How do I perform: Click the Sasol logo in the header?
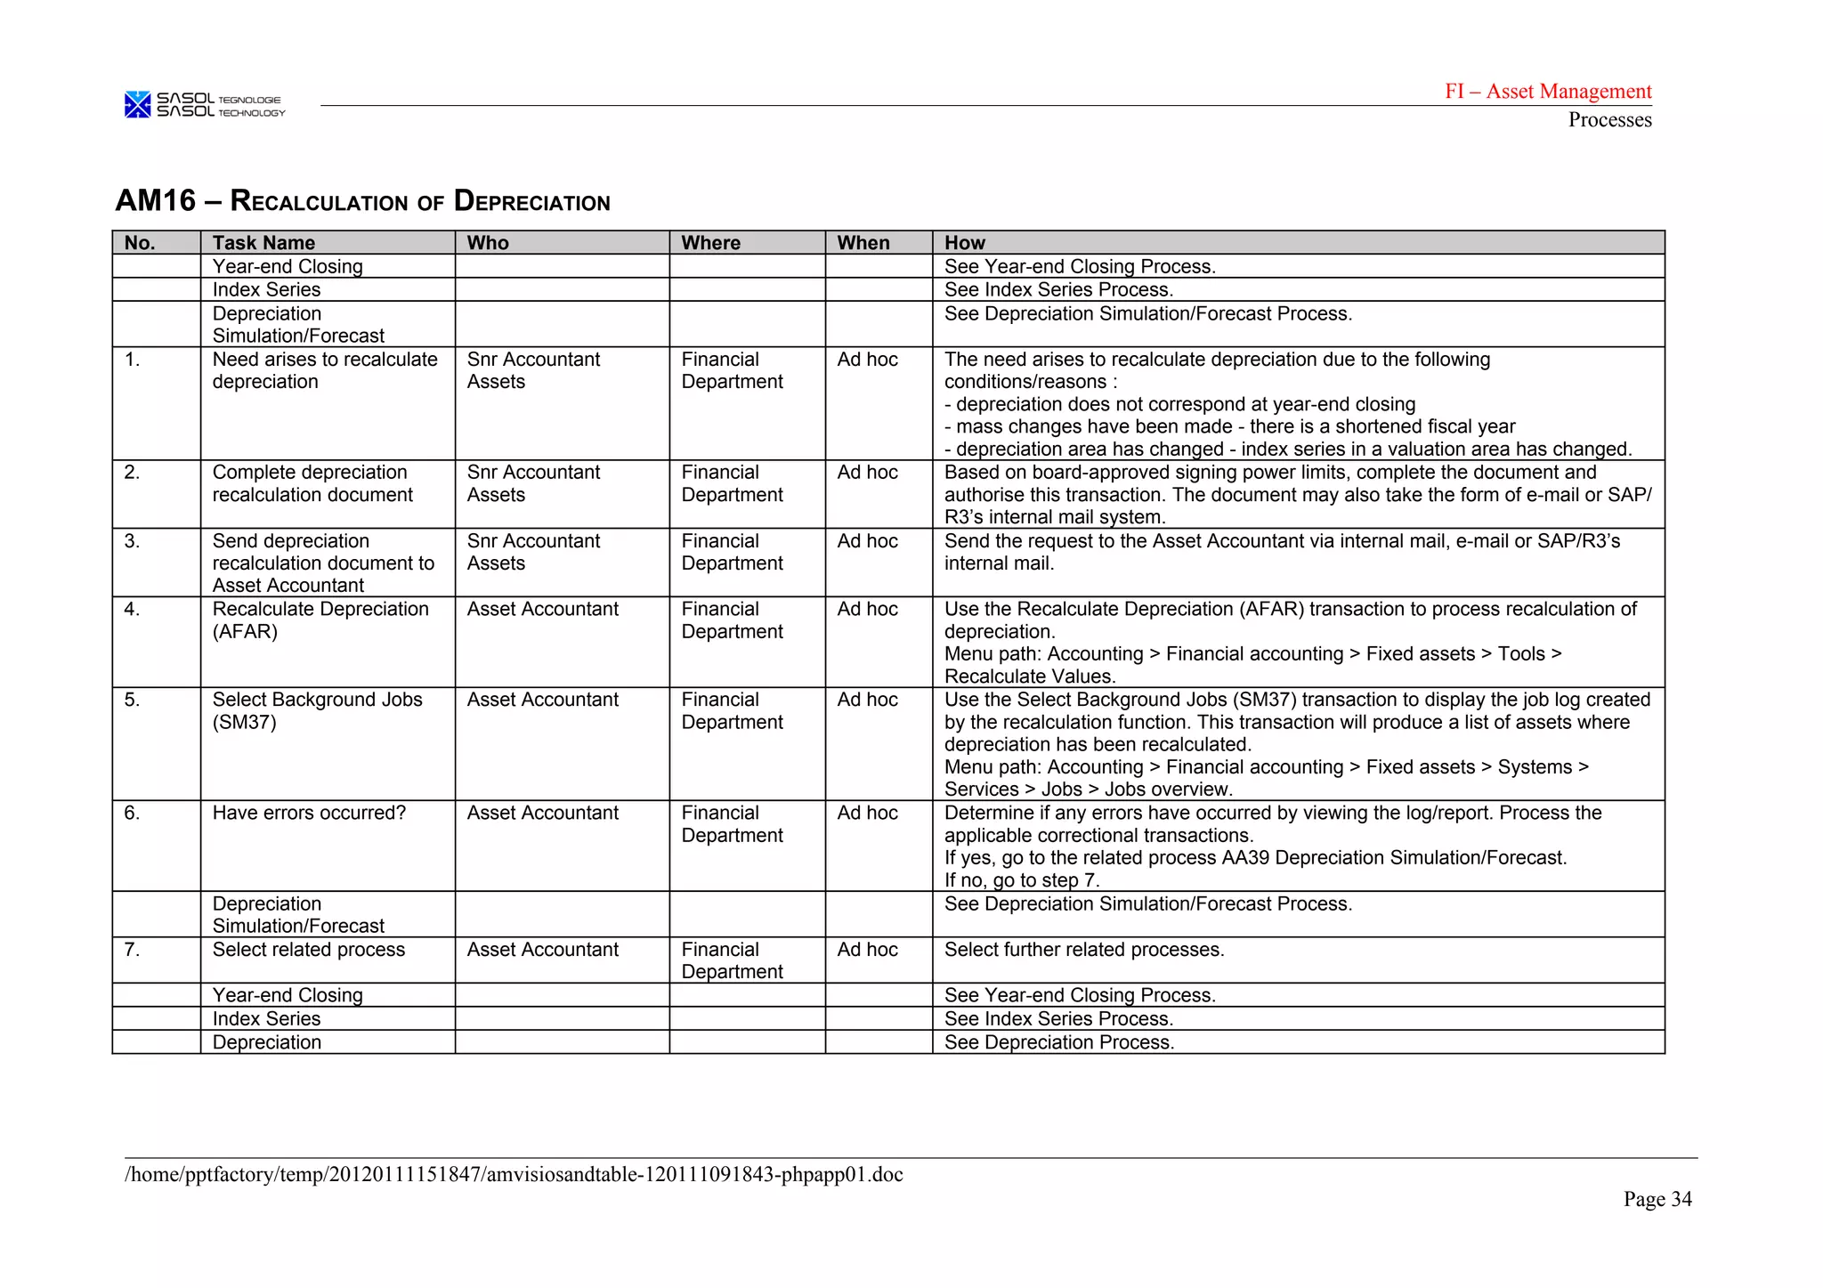[204, 105]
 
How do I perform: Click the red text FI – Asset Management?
[1547, 92]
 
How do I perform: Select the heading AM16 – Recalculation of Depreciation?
[362, 200]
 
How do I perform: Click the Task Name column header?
[263, 243]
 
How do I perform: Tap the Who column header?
[488, 243]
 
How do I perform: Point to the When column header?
[863, 243]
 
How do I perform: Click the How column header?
[964, 243]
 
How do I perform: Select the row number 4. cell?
[132, 610]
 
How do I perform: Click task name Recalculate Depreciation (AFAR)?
[320, 620]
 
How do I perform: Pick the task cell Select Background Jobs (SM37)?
[317, 710]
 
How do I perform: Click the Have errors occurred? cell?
[309, 813]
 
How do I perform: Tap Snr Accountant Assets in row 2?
[532, 483]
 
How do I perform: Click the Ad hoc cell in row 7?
[867, 950]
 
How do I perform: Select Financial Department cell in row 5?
[732, 710]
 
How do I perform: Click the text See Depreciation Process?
[1058, 1042]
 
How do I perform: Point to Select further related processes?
[1083, 950]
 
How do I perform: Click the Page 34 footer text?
[1657, 1199]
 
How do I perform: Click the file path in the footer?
[514, 1174]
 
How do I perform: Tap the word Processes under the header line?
[1608, 120]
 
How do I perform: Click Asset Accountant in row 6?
[542, 813]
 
